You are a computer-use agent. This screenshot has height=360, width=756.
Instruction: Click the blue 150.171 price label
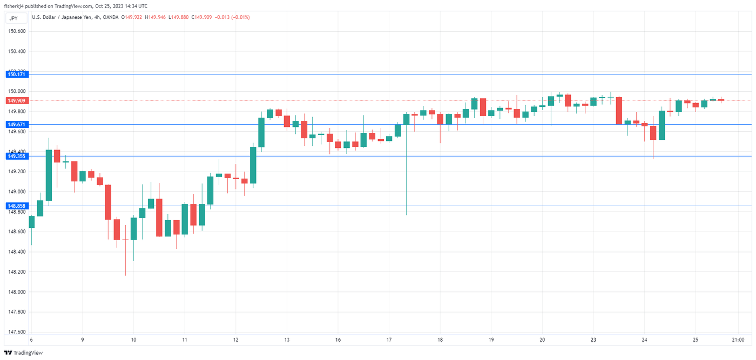(x=17, y=74)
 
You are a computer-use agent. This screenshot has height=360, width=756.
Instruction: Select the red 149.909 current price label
(x=17, y=100)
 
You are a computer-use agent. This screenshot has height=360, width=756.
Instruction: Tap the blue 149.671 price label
(x=17, y=124)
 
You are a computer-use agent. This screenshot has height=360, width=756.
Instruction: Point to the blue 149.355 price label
(x=17, y=156)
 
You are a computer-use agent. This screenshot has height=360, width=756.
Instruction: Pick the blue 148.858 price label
(x=17, y=206)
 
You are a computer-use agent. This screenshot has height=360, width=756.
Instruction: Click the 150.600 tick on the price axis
(x=17, y=31)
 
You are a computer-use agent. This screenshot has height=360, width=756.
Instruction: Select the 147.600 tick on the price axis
(x=17, y=332)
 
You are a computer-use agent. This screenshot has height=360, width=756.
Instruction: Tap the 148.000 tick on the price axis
(x=17, y=292)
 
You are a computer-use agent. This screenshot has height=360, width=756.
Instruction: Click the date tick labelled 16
(x=337, y=340)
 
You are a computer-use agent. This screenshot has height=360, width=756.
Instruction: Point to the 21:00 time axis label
(x=738, y=340)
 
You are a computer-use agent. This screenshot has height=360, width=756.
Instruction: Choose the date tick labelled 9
(x=82, y=340)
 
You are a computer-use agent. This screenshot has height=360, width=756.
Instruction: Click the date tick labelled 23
(x=593, y=340)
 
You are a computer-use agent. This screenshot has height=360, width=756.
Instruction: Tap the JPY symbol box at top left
(x=14, y=18)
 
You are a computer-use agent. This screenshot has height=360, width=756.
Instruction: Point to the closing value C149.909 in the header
(x=201, y=17)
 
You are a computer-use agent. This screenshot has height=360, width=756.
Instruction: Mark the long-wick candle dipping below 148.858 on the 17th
(x=406, y=162)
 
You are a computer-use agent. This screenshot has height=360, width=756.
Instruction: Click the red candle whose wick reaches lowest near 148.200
(x=125, y=254)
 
